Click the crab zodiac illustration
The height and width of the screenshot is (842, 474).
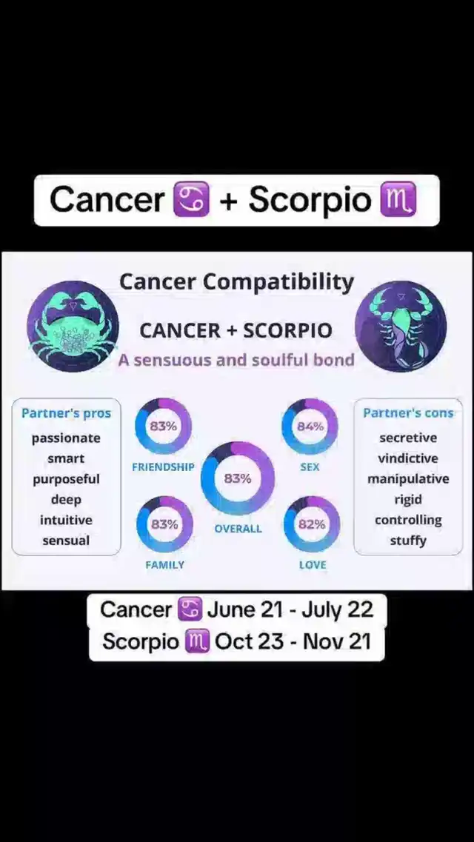73,327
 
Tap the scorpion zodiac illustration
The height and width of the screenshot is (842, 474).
401,327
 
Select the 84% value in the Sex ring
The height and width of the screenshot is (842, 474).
310,427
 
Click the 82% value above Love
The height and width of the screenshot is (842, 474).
312,524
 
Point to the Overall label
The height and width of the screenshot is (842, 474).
238,529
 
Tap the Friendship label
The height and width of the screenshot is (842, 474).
163,467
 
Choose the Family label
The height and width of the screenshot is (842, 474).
165,565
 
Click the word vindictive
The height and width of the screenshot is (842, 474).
408,458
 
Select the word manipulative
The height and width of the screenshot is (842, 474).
408,479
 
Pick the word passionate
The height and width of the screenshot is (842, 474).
66,438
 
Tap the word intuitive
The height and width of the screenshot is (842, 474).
66,520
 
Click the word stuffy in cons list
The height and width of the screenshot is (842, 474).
408,540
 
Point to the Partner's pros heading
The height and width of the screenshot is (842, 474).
66,413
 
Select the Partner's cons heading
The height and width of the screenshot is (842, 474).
408,413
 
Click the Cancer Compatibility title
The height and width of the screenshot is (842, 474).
237,282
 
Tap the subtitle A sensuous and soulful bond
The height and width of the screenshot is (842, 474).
237,359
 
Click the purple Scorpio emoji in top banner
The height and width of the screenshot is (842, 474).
398,200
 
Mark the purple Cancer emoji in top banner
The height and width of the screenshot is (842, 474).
192,200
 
